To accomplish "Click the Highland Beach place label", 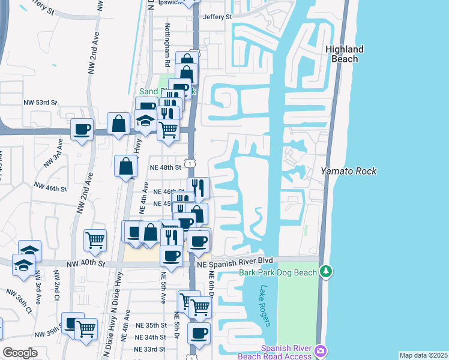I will [345, 54].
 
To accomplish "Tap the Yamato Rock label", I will [348, 171].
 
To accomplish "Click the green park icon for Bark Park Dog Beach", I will [326, 272].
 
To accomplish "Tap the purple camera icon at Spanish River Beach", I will [321, 350].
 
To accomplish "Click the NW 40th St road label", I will [86, 263].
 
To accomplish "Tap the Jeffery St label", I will [217, 17].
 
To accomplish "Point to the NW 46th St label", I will [50, 188].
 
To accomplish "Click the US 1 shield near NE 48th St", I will [189, 163].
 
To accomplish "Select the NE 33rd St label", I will [150, 349].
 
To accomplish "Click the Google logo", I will [20, 353].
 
